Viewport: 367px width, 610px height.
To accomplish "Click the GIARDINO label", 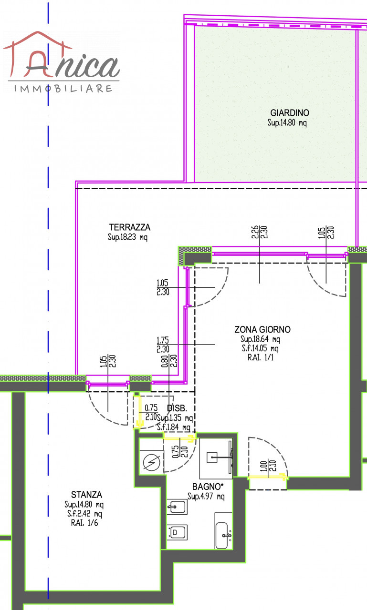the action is point(290,113).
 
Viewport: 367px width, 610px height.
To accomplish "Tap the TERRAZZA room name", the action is point(130,227).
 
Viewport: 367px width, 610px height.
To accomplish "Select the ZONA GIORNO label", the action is point(262,329).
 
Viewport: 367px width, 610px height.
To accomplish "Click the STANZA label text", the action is point(86,495).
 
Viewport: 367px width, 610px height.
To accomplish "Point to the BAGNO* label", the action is point(208,487).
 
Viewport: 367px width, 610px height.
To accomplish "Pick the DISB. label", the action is point(177,408).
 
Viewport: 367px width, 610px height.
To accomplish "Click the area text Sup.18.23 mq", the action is point(127,237).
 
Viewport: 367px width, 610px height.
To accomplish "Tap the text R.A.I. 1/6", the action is point(84,523).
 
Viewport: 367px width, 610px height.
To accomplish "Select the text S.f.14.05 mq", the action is point(260,348).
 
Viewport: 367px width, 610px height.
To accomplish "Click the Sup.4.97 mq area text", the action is point(206,497).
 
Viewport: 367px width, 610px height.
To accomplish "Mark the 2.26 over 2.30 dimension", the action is point(260,232).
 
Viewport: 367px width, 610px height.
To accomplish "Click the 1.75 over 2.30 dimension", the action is point(163,345).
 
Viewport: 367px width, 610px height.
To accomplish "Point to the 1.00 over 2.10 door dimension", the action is point(268,466).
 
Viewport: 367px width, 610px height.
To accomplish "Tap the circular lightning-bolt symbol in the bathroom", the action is point(152,462).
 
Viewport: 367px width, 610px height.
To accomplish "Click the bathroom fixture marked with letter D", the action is point(177,532).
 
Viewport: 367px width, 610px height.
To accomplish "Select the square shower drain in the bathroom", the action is point(212,457).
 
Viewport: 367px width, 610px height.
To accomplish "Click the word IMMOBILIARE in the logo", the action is point(63,89).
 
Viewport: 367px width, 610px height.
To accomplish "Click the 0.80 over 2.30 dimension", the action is point(169,361).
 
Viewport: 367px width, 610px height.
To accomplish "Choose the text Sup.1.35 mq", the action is point(175,418).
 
